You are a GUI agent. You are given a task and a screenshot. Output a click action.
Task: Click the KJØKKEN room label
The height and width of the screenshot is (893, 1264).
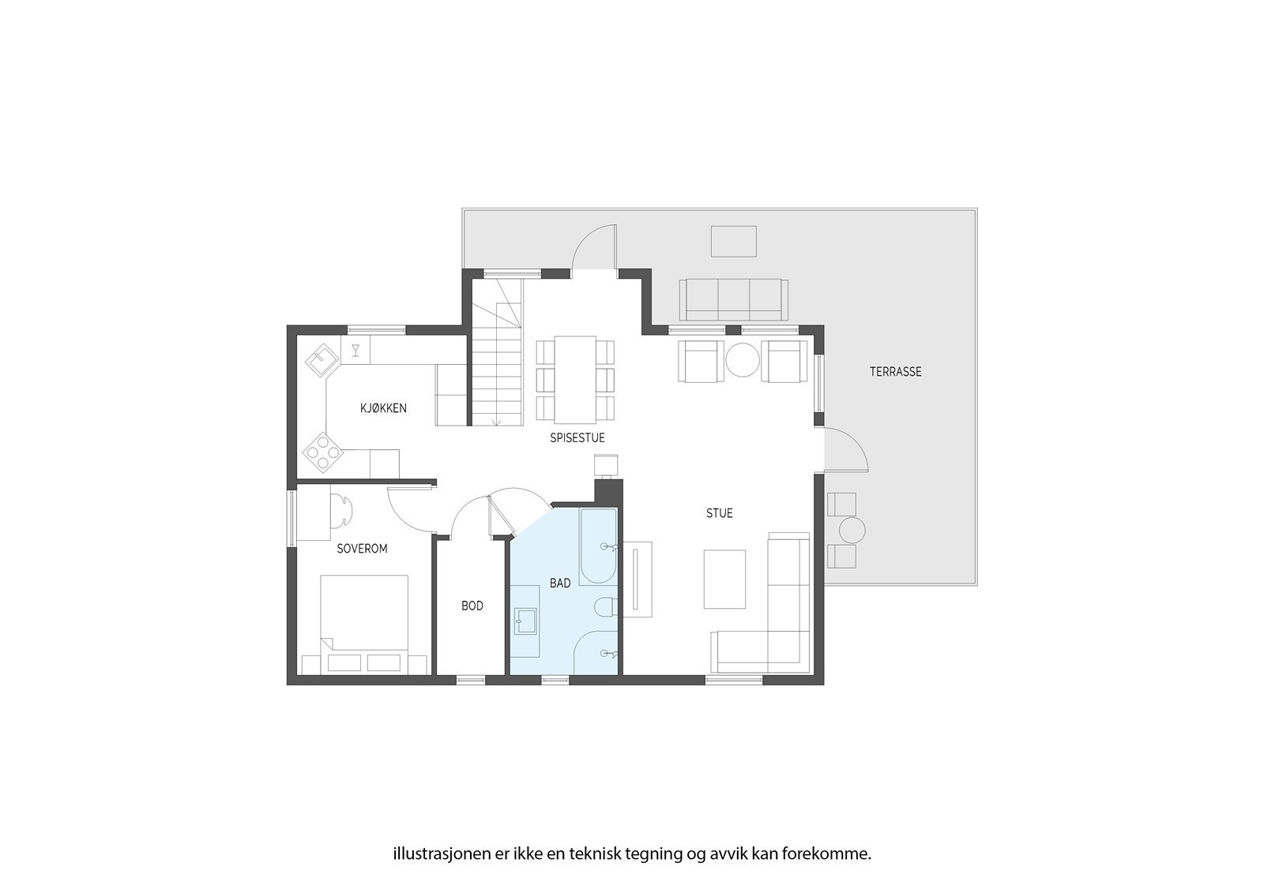point(383,408)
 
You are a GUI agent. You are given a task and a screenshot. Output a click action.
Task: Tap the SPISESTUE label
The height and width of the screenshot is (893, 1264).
point(577,437)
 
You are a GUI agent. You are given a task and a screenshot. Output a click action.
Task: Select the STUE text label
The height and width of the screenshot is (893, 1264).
point(719,513)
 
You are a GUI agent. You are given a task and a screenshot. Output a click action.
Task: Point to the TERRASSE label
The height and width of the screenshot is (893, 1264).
point(895,371)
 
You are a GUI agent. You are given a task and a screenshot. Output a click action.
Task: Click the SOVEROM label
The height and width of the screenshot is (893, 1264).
point(362,548)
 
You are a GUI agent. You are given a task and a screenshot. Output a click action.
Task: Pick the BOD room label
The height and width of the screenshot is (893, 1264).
point(472,606)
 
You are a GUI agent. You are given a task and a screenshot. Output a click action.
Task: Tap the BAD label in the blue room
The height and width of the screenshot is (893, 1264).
point(560,583)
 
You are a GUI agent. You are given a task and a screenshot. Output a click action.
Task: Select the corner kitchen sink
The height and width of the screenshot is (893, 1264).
point(323,361)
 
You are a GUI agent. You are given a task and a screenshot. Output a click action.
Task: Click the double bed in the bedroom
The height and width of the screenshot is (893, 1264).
point(364,624)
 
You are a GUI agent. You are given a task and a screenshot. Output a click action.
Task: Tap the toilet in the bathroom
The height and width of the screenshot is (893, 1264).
point(607,606)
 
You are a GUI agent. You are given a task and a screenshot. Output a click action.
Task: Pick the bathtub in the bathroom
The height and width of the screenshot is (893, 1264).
point(598,546)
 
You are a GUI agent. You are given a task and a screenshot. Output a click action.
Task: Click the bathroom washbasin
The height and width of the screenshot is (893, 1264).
point(525,621)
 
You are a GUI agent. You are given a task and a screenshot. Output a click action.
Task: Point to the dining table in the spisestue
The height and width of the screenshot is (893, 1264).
point(575,379)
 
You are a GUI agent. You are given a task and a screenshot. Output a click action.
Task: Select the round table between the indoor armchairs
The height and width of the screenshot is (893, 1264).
point(742,362)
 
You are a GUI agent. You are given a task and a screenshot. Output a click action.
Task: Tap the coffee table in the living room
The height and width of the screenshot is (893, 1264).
point(724,579)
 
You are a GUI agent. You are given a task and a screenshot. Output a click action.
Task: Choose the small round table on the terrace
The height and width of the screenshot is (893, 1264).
point(852,530)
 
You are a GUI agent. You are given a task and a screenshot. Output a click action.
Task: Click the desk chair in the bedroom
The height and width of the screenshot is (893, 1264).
point(342,509)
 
